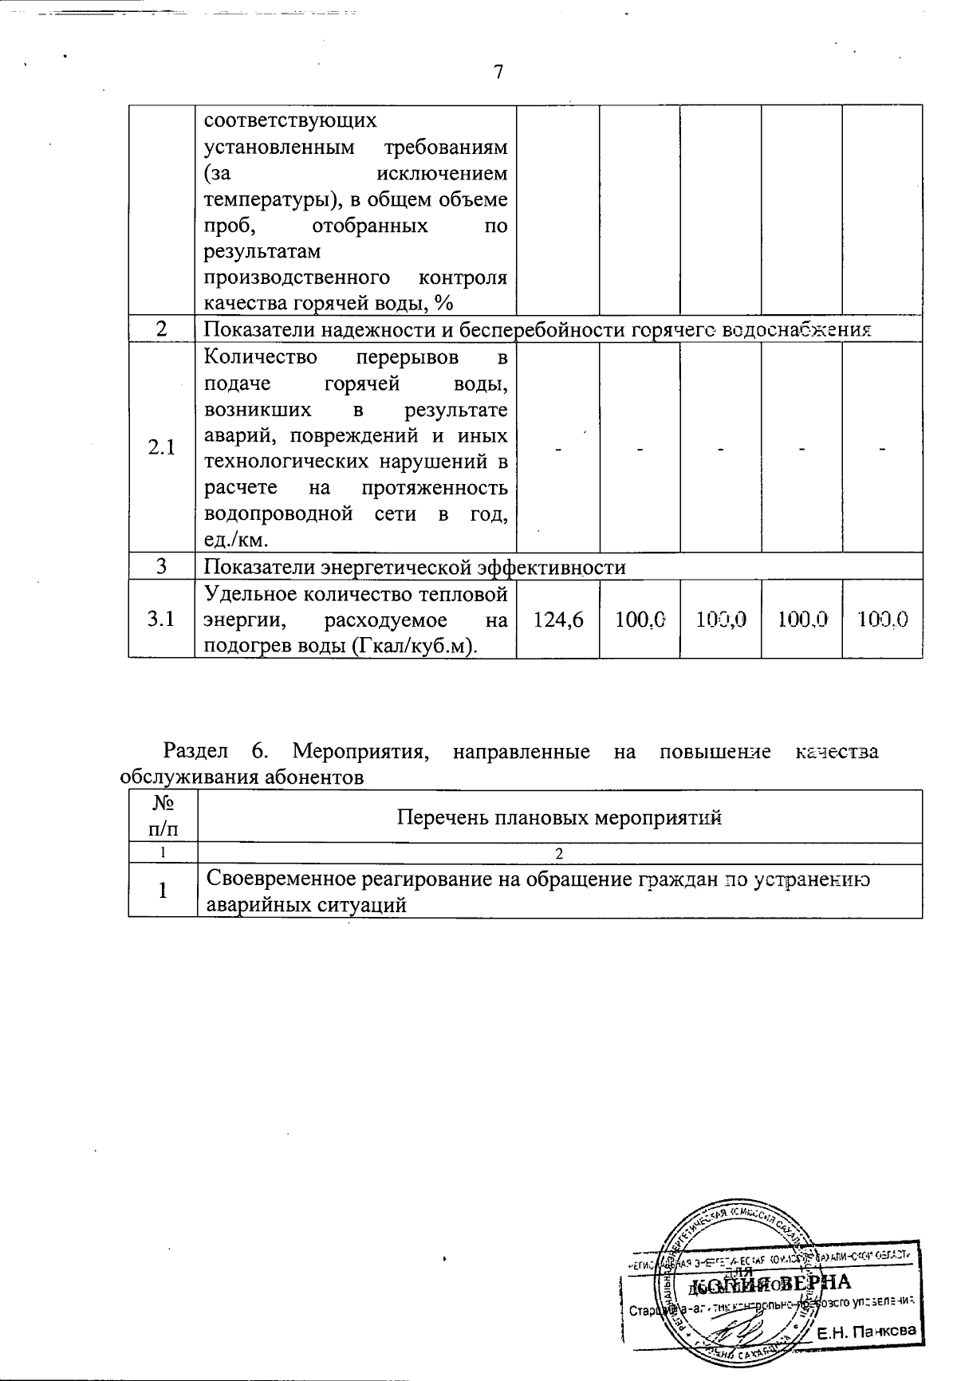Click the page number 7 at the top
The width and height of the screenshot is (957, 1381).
point(498,73)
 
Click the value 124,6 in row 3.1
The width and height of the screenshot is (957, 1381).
point(557,620)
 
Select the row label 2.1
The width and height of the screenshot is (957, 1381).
point(162,447)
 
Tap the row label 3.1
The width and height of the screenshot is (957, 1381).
point(162,620)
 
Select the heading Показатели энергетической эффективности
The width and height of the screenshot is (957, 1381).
point(415,567)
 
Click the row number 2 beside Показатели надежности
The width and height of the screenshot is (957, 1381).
point(162,329)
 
